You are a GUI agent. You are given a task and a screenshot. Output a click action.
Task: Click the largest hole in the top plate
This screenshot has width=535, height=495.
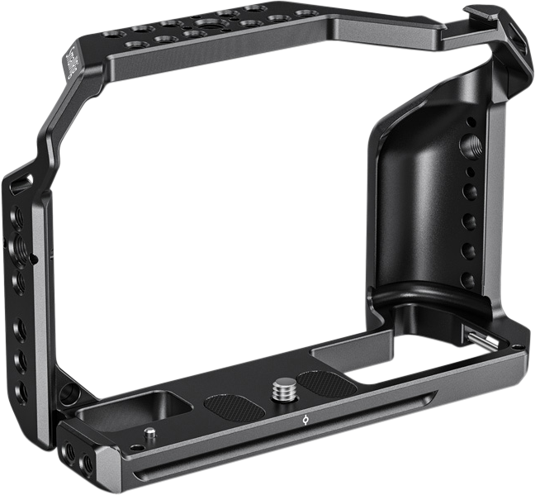[199, 21]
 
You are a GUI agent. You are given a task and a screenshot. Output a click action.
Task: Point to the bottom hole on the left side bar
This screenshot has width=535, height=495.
[21, 389]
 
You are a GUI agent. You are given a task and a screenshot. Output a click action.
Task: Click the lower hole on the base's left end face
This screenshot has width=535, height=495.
[85, 466]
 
